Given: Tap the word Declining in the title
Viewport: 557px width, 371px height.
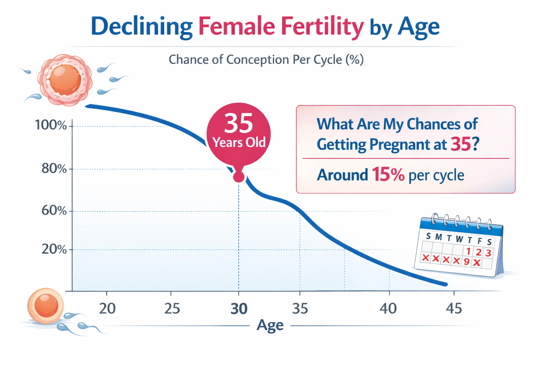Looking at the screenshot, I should point(141,26).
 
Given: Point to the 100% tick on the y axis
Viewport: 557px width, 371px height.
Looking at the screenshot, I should point(51,125).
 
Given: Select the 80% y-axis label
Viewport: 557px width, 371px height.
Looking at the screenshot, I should point(54,168).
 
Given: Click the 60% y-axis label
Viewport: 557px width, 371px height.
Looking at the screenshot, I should point(54,210).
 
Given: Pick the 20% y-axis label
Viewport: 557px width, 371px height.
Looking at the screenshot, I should point(54,249).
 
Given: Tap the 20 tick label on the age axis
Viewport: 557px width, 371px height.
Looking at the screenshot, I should point(107,309).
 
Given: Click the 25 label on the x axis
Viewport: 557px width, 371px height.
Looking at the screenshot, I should point(172,309).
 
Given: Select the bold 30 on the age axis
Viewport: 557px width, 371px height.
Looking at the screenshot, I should point(239,309).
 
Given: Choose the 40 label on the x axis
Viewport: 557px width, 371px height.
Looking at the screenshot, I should point(388,309).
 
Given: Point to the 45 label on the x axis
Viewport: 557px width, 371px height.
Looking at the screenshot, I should point(454,309).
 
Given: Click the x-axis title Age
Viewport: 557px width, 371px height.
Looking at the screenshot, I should point(270,325).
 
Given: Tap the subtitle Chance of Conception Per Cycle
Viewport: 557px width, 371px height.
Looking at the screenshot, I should point(266,59).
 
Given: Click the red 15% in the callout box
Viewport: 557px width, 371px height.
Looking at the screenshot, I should point(388,175).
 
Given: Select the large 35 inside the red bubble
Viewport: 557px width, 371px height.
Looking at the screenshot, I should point(238,123).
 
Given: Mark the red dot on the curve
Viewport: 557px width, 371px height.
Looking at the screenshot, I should point(239,177).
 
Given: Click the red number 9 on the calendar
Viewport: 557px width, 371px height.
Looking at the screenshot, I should point(467,262).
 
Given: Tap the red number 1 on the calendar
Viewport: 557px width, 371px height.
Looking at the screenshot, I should point(468,251).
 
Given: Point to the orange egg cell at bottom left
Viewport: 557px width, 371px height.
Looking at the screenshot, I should point(45,305).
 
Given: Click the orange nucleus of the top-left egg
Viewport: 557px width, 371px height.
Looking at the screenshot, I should point(65,79).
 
